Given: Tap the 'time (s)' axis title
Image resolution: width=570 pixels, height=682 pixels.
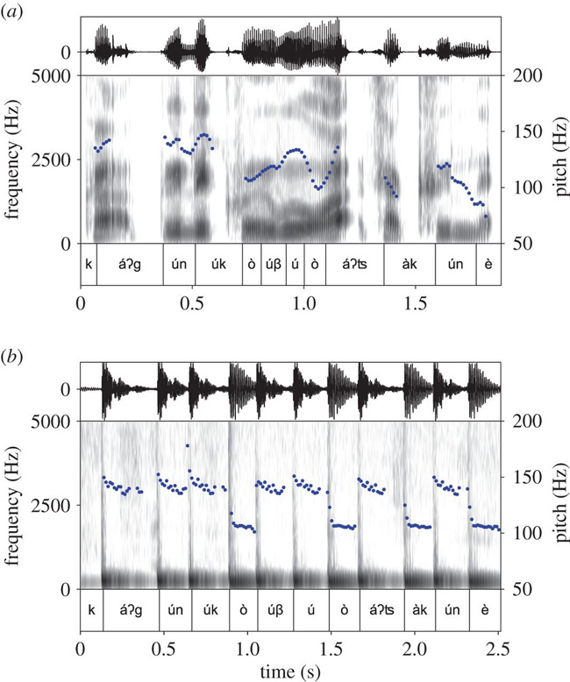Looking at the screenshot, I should (x=290, y=671).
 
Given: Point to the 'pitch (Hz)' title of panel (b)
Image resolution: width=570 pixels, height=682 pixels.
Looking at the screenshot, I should (x=557, y=506).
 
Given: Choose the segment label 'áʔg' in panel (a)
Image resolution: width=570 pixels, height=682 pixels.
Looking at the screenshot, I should (x=129, y=264).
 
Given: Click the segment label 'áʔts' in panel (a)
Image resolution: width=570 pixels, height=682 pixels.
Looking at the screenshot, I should (x=354, y=264).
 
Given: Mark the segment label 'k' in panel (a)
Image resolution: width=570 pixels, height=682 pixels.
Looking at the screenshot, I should (x=89, y=264).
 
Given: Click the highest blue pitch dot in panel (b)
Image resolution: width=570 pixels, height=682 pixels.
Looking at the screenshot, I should (x=188, y=445).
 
